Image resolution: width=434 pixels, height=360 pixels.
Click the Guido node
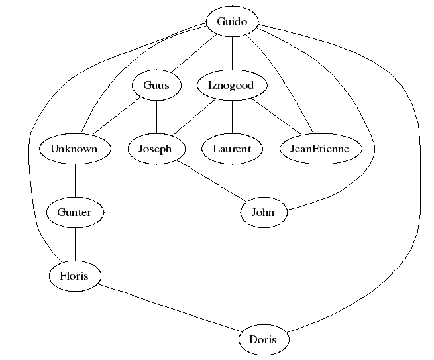pyautogui.click(x=232, y=22)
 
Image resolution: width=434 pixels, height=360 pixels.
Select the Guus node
pyautogui.click(x=156, y=86)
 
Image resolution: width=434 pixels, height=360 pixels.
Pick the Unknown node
pyautogui.click(x=74, y=149)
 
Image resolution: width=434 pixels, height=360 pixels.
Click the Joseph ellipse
pyautogui.click(x=154, y=149)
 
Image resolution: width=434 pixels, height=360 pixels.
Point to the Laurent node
pyautogui.click(x=232, y=149)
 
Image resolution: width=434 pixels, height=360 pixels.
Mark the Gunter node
pyautogui.click(x=74, y=213)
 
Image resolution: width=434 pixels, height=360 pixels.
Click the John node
pyautogui.click(x=264, y=213)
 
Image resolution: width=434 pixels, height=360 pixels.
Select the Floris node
pyautogui.click(x=74, y=276)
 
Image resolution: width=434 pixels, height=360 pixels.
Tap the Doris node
pyautogui.click(x=264, y=340)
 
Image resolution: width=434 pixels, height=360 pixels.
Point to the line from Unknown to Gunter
pyautogui.click(x=74, y=181)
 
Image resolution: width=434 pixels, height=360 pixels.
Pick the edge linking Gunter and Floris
pyautogui.click(x=74, y=245)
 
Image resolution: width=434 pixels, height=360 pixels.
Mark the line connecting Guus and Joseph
pyautogui.click(x=156, y=117)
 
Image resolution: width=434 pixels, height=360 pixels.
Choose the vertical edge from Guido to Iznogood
pyautogui.click(x=232, y=54)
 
